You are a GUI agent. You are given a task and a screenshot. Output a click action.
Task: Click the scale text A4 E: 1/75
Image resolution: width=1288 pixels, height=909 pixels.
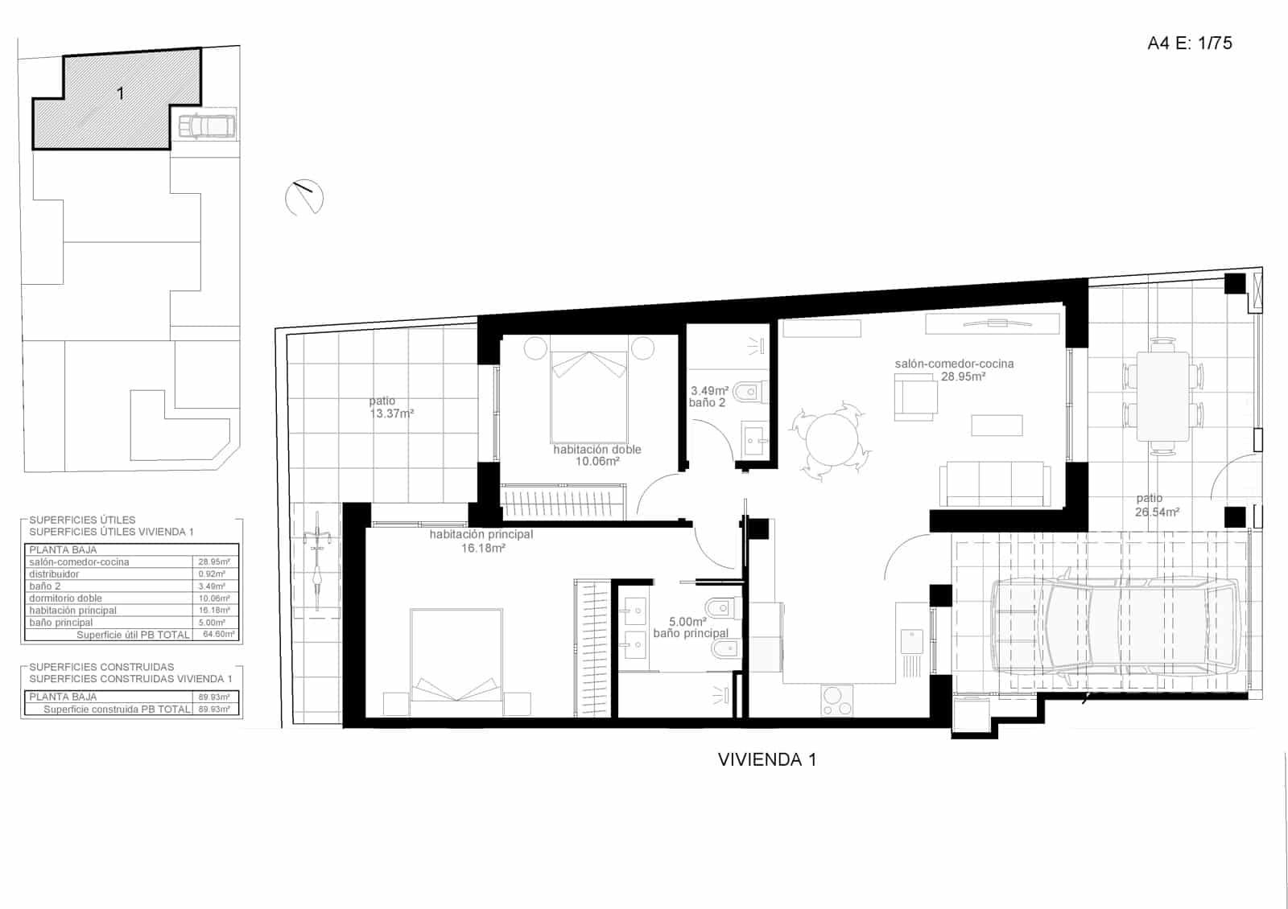1189,43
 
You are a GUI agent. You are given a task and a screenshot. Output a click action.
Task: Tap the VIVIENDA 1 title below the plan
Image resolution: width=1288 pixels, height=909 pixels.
766,759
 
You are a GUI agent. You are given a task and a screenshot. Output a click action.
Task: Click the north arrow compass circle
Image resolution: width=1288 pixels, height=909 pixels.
304,197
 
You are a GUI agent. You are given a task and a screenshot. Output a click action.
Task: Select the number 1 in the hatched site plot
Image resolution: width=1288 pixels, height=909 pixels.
121,93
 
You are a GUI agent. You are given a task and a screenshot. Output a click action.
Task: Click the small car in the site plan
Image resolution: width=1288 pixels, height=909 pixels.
206,127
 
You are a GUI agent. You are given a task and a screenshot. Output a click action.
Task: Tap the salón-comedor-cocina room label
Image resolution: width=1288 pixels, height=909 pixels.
954,364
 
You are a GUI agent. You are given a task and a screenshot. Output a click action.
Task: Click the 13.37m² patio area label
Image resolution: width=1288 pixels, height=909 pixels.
391,413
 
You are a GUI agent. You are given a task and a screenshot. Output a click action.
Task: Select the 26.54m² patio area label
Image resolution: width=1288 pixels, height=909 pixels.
1157,512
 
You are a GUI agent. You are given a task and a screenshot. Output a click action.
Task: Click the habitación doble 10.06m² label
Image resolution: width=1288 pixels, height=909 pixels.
597,455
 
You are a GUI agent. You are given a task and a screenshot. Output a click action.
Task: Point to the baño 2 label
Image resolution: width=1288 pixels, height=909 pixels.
707,402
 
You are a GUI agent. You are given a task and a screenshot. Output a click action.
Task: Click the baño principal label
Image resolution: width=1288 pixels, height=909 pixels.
690,634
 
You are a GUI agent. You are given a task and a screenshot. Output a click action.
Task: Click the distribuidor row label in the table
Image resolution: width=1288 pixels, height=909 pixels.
54,574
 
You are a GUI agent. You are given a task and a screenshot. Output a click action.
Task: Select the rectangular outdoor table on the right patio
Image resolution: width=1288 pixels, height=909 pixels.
1162,397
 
